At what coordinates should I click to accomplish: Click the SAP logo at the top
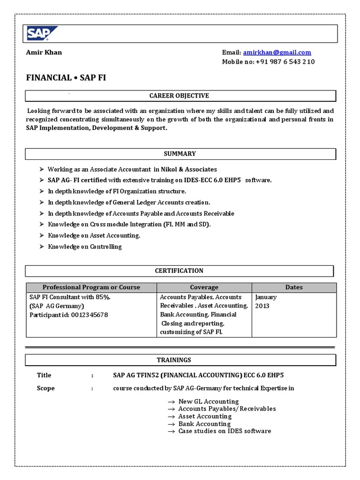click(x=42, y=34)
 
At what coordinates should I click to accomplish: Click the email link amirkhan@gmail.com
click(x=277, y=52)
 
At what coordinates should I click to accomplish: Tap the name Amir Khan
click(x=44, y=52)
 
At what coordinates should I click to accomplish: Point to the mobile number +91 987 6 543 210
click(x=285, y=62)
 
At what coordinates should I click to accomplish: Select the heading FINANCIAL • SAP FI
click(x=66, y=78)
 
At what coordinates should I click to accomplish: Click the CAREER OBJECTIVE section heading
click(x=179, y=96)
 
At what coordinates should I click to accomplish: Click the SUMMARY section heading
click(x=180, y=154)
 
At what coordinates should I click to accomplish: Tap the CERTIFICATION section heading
click(x=179, y=271)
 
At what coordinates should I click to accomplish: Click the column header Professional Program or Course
click(x=91, y=287)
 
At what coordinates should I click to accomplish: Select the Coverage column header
click(x=204, y=287)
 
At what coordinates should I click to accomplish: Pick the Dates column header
click(x=294, y=287)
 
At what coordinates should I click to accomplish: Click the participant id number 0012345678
click(x=90, y=315)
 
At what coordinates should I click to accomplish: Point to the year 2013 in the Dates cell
click(x=262, y=306)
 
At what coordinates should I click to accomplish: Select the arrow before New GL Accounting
click(x=171, y=402)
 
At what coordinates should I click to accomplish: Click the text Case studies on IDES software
click(x=225, y=431)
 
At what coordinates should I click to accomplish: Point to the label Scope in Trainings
click(x=45, y=388)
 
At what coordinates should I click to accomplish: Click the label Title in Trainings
click(x=44, y=375)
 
